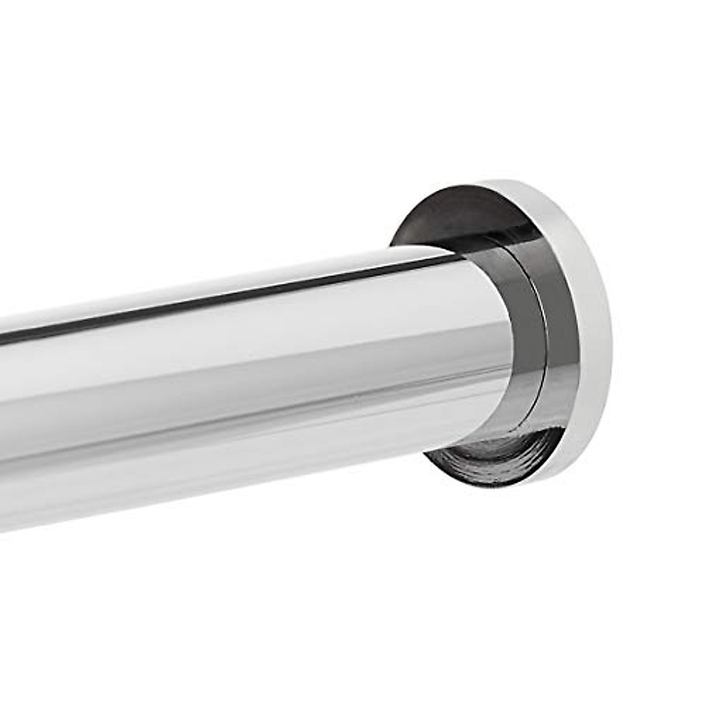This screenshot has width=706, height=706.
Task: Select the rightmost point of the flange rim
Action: click(612, 341)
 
